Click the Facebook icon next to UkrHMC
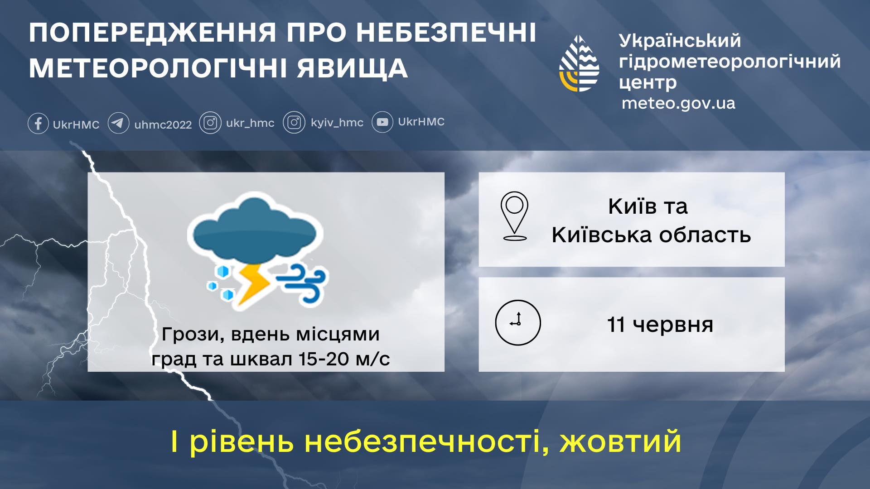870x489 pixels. pyautogui.click(x=38, y=123)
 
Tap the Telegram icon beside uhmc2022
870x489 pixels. pyautogui.click(x=118, y=123)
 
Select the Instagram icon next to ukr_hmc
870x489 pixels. pyautogui.click(x=210, y=123)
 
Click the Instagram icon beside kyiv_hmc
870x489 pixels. pyautogui.click(x=294, y=123)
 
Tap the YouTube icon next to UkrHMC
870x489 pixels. pyautogui.click(x=382, y=122)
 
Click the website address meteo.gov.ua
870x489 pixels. pyautogui.click(x=678, y=104)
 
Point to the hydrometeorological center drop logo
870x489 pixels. pyautogui.click(x=579, y=63)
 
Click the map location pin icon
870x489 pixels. pyautogui.click(x=514, y=216)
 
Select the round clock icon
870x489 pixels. pyautogui.click(x=518, y=322)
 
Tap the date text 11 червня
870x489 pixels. pyautogui.click(x=660, y=325)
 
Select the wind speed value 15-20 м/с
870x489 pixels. pyautogui.click(x=344, y=359)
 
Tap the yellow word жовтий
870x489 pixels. pyautogui.click(x=620, y=441)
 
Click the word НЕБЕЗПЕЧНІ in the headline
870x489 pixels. pyautogui.click(x=446, y=33)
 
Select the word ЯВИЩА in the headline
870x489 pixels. pyautogui.click(x=352, y=68)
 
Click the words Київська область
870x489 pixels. pyautogui.click(x=651, y=235)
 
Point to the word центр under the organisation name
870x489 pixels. pyautogui.click(x=648, y=83)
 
